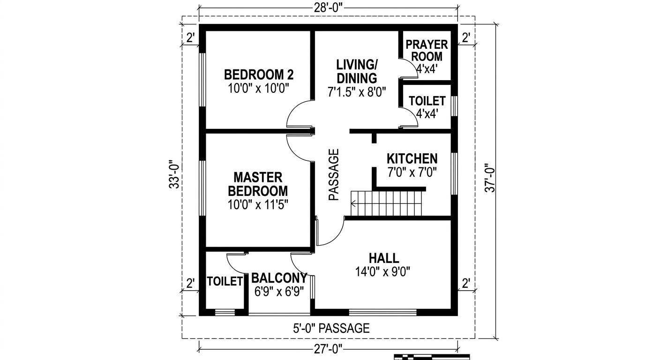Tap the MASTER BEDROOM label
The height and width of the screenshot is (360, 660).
(x=257, y=184)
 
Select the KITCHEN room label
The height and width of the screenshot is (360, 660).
(x=412, y=158)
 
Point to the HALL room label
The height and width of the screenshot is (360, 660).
(x=384, y=258)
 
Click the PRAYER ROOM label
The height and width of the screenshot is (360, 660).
(x=427, y=51)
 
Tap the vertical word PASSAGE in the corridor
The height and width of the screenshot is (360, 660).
(x=333, y=175)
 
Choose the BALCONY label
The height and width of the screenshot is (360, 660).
(x=279, y=278)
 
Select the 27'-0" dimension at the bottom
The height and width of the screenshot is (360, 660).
(x=328, y=348)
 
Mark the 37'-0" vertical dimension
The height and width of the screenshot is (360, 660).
(x=489, y=178)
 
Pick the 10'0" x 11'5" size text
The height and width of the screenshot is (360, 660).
(x=257, y=205)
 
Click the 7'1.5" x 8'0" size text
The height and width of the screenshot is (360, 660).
(x=357, y=92)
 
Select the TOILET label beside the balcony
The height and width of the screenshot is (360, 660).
(x=225, y=281)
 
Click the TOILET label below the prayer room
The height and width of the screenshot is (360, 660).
(x=427, y=101)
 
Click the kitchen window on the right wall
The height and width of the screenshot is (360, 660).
(x=454, y=172)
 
